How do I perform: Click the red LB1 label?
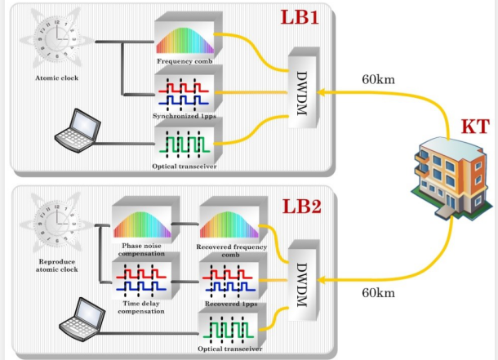(x=300, y=17)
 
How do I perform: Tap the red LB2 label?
(x=302, y=206)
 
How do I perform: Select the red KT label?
(x=475, y=127)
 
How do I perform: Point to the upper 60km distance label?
(x=378, y=79)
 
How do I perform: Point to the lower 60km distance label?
(x=378, y=293)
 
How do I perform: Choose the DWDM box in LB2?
(x=303, y=280)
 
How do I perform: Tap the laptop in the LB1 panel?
(x=78, y=131)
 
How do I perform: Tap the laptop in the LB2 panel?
(x=82, y=319)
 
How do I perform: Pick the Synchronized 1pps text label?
(x=185, y=116)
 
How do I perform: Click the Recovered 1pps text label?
(x=231, y=304)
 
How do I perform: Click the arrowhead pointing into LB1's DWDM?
(x=321, y=92)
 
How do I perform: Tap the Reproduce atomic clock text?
(x=56, y=265)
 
